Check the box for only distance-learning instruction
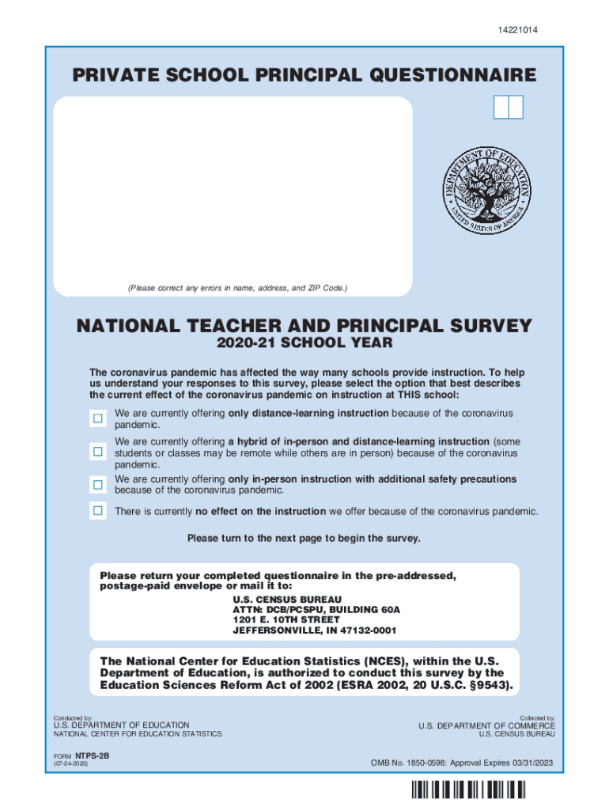tap(97, 418)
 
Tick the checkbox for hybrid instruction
tap(97, 452)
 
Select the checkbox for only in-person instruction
tap(97, 484)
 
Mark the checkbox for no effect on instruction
tap(97, 510)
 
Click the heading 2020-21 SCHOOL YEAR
tap(304, 344)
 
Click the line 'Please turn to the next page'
tap(304, 539)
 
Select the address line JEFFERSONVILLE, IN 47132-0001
tap(314, 630)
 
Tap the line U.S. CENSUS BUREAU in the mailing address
tap(276, 600)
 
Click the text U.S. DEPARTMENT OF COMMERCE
tap(486, 725)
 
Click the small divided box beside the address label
tap(508, 107)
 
